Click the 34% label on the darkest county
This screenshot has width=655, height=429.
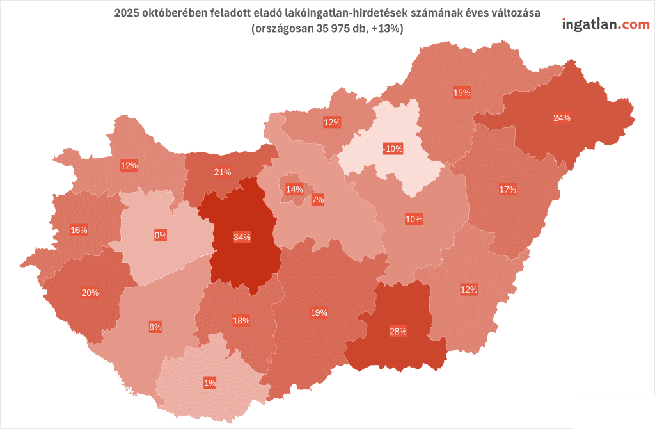242,237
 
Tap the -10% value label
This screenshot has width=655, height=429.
392,149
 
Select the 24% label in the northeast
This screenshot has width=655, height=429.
562,118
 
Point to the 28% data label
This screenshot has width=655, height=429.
398,331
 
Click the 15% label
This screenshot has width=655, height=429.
462,92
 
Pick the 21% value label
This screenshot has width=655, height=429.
223,172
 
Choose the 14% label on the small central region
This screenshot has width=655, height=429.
294,190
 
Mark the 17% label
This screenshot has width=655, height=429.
507,189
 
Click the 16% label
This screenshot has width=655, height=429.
79,230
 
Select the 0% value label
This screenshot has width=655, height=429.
161,235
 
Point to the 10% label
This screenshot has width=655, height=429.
414,219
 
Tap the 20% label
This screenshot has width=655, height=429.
90,293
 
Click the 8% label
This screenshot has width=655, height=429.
155,327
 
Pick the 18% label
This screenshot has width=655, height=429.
241,320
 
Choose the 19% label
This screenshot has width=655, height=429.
319,312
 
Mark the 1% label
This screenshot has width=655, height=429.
210,383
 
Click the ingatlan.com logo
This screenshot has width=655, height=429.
605,24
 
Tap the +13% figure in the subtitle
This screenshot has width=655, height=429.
385,29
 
